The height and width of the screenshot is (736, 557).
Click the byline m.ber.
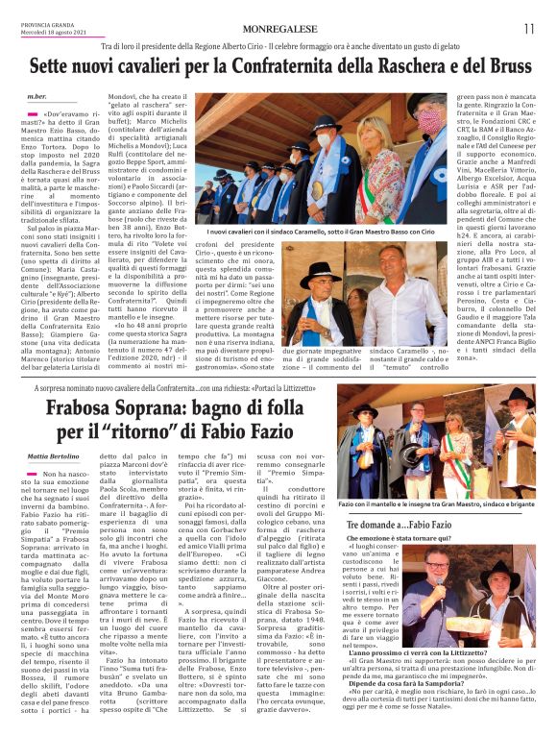pos(36,97)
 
